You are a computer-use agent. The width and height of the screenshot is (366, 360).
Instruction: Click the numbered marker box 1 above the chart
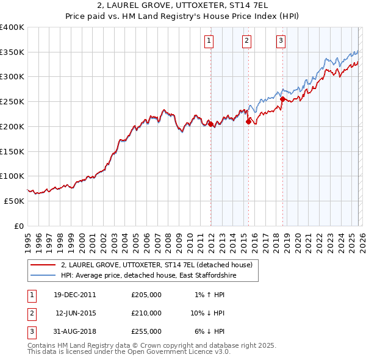(x=209, y=41)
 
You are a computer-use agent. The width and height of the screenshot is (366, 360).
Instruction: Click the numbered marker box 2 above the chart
(x=246, y=41)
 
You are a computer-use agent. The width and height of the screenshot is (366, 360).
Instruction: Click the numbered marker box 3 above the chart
(x=281, y=41)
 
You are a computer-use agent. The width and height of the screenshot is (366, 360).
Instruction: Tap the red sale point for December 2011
(x=210, y=124)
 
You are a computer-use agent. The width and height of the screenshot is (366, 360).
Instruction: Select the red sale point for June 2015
(x=248, y=121)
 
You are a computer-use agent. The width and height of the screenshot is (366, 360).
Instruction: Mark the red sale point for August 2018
(x=282, y=99)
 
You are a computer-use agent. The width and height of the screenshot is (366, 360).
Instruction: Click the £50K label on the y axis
(x=14, y=201)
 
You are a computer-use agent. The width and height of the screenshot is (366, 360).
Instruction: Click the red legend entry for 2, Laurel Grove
(x=160, y=265)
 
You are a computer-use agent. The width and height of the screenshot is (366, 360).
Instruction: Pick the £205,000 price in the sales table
(x=146, y=295)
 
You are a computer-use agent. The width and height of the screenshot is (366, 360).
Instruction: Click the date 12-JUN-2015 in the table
(x=77, y=313)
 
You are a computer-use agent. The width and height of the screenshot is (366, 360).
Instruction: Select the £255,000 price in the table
(x=146, y=331)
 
